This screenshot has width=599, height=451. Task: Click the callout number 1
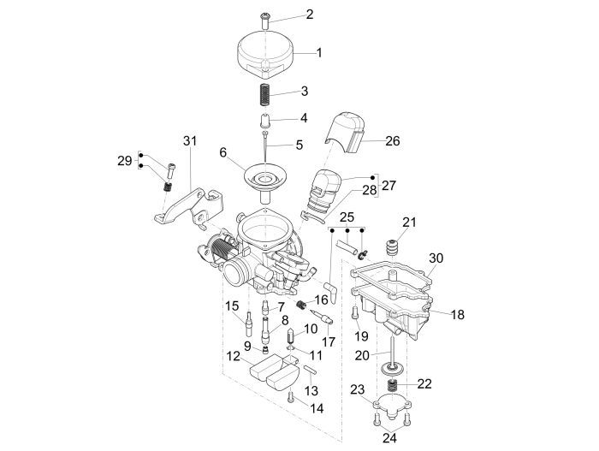point(318,52)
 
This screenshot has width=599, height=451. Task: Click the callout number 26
point(392,140)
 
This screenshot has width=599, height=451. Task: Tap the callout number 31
point(189,140)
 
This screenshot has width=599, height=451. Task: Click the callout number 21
point(409,223)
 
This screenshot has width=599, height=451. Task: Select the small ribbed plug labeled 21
point(395,246)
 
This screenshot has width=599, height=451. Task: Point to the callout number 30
point(436,258)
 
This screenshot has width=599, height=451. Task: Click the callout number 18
point(458,314)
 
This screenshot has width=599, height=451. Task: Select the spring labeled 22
point(394,388)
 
